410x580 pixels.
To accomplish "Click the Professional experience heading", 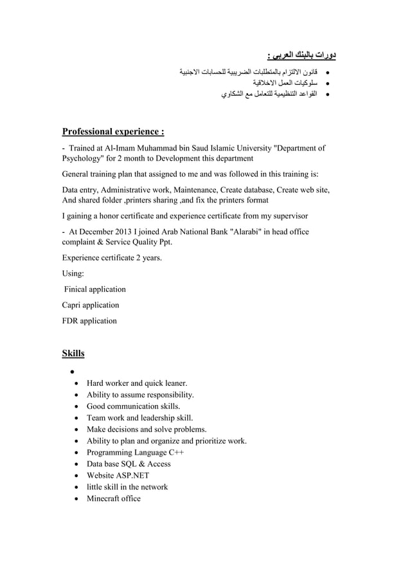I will [113, 132].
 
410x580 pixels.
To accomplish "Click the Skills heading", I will [73, 353].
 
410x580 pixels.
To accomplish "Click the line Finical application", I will [94, 289].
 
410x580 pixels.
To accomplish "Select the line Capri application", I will [91, 305].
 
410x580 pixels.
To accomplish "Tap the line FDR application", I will [89, 320].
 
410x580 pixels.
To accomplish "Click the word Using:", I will [73, 274].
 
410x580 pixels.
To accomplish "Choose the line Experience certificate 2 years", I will [112, 258].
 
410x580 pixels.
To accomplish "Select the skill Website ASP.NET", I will [118, 475].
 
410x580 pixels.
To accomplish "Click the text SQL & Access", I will [148, 464].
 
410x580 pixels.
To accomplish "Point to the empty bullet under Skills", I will [66, 372].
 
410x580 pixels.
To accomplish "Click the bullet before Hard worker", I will [77, 383].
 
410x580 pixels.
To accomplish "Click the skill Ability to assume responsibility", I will [140, 394].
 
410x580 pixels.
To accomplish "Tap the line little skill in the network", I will [127, 487].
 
